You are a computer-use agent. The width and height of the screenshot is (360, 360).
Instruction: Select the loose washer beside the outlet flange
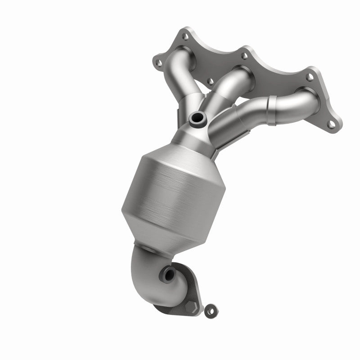(209, 310)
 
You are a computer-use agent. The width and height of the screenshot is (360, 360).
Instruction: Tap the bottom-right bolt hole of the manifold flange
(331, 124)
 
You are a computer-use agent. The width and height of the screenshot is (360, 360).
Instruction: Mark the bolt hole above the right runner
(310, 77)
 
